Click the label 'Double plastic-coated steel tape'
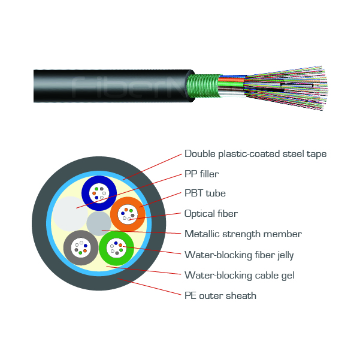pos(255,154)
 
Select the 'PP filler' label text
pos(201,174)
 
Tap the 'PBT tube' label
pos(205,193)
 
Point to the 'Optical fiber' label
pos(211,214)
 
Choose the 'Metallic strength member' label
pos(243,234)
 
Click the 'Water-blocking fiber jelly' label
pos(239,255)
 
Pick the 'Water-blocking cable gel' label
pos(239,276)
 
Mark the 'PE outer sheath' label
pos(220,296)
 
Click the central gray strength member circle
pos(99,223)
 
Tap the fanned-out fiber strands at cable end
pos(286,88)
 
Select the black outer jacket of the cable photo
pos(113,86)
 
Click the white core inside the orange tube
pos(128,214)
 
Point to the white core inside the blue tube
pos(99,193)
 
